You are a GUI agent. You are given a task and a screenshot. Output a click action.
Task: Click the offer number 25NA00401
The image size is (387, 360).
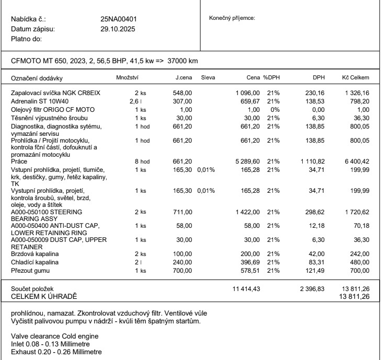point(118,19)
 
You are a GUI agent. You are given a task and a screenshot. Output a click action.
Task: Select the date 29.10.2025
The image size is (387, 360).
point(118,29)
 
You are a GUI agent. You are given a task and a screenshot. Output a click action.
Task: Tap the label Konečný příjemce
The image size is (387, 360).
point(232,18)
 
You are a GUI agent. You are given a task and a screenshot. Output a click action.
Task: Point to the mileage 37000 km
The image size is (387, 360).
point(183,62)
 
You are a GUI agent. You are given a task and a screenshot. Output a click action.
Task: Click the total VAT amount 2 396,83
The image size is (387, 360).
point(312,288)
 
